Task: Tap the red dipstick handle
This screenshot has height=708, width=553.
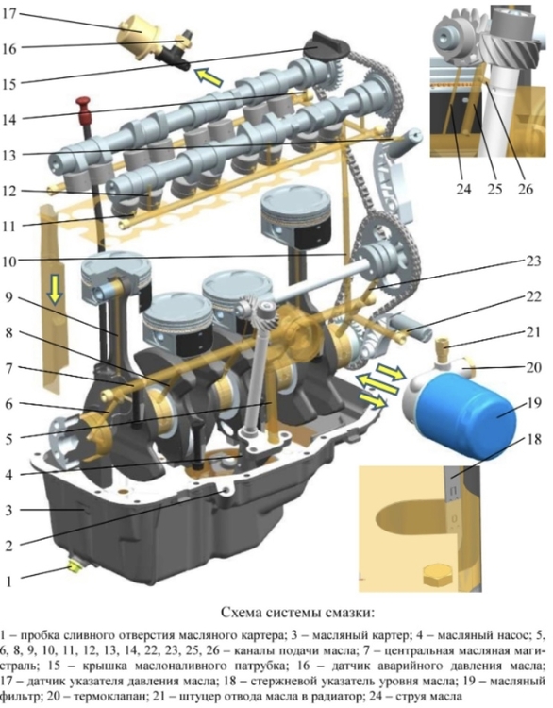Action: tap(84, 109)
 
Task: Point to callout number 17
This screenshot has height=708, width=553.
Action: tap(8, 13)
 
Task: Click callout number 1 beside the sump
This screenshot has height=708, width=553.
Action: tap(9, 581)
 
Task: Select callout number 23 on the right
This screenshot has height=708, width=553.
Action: tap(532, 261)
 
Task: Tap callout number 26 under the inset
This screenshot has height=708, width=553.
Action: tap(525, 188)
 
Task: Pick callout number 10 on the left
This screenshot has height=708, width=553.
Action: tap(9, 261)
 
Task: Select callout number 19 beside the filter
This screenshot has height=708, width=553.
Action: tap(533, 402)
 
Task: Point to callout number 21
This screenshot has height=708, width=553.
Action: tap(532, 332)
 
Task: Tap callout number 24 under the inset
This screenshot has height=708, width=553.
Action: tap(463, 188)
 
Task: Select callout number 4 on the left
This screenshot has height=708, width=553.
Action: tap(9, 475)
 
